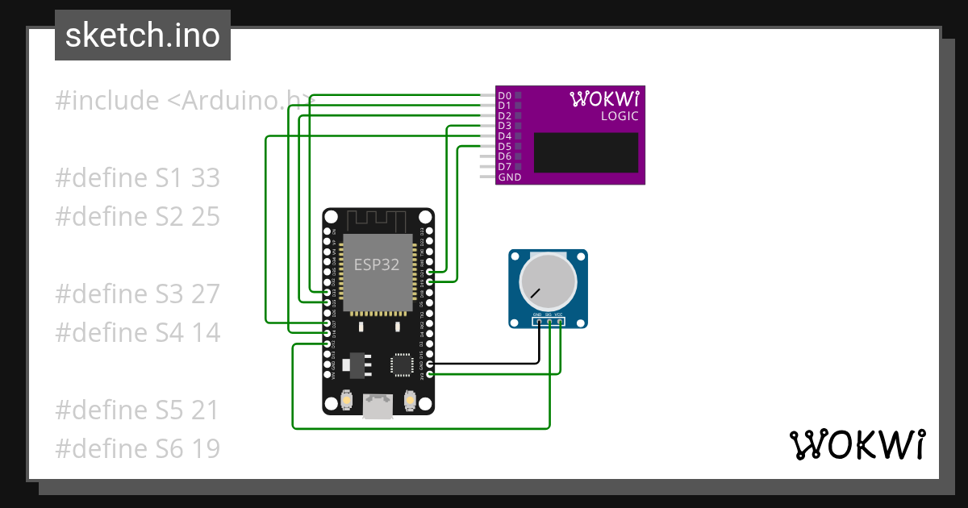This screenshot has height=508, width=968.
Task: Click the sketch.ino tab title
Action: (x=143, y=35)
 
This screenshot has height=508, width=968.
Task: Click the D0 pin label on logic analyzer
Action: (x=504, y=95)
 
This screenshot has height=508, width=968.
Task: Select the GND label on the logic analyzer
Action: (x=509, y=177)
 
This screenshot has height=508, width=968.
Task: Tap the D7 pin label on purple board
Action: (x=504, y=167)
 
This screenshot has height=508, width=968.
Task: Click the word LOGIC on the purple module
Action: (x=620, y=116)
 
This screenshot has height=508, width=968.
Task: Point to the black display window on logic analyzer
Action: (x=586, y=152)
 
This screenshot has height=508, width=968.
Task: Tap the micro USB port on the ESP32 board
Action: (x=378, y=406)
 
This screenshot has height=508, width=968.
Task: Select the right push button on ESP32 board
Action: (x=409, y=399)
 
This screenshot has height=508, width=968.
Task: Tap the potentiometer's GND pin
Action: (x=538, y=321)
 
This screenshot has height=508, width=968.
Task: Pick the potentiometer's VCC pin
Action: (x=559, y=321)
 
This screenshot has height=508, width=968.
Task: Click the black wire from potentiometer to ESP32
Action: (x=484, y=364)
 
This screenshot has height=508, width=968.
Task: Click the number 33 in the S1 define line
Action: (x=206, y=178)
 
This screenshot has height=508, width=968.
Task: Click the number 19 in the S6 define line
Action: (x=206, y=449)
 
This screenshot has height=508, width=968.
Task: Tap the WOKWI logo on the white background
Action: (x=857, y=444)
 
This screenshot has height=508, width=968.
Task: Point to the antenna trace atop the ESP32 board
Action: (x=378, y=219)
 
